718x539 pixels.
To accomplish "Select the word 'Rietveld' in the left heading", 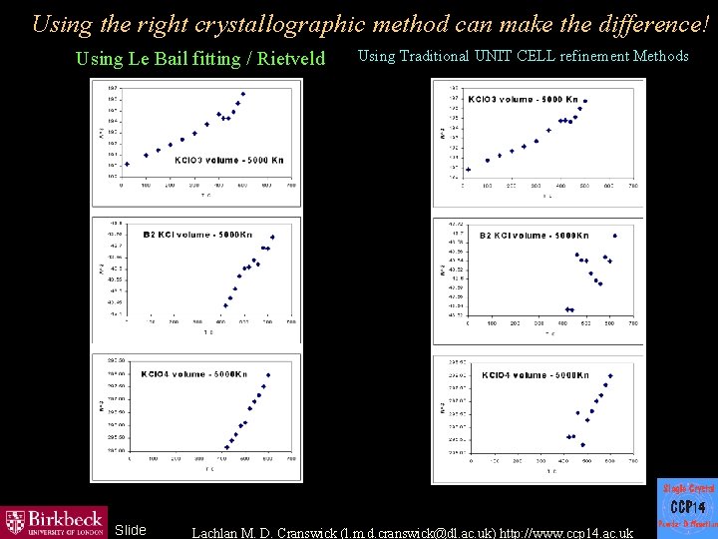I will pyautogui.click(x=291, y=59).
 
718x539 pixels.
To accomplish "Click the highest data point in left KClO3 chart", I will pyautogui.click(x=242, y=94).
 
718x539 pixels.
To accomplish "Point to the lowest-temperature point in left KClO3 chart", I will pyautogui.click(x=127, y=164).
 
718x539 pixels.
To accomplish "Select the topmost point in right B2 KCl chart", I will pyautogui.click(x=615, y=236).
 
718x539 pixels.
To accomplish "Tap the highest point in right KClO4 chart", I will pyautogui.click(x=610, y=376).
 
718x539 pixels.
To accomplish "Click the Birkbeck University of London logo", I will pyautogui.click(x=55, y=520).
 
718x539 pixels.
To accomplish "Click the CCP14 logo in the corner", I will pyautogui.click(x=686, y=507).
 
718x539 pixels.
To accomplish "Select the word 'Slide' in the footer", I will pyautogui.click(x=131, y=529).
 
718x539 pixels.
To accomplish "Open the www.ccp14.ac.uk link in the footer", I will pyautogui.click(x=568, y=533).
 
